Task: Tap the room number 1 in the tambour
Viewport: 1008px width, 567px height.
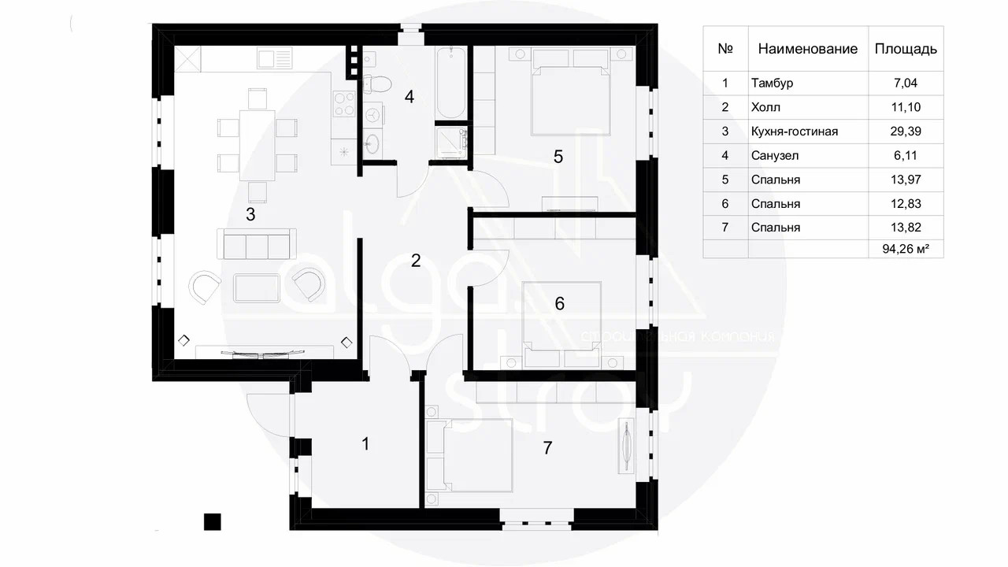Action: click(365, 444)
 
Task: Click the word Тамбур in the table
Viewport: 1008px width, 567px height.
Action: click(772, 83)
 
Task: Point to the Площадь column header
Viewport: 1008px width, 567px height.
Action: click(906, 49)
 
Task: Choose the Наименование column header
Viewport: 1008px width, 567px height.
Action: click(807, 49)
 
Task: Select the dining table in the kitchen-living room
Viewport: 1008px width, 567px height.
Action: click(257, 144)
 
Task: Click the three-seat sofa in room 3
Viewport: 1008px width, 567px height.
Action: click(257, 245)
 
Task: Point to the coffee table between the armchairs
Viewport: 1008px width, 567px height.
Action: click(257, 287)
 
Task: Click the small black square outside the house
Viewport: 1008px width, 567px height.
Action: click(212, 521)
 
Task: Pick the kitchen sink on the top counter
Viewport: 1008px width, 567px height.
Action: click(276, 58)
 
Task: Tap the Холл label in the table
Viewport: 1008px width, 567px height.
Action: click(766, 107)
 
